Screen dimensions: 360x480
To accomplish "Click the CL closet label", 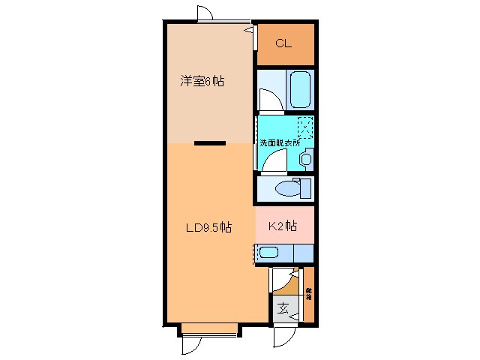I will [x=283, y=43].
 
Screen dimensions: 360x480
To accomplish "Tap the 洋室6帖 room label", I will [x=202, y=80].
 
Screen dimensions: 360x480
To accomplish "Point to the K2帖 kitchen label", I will [x=283, y=225].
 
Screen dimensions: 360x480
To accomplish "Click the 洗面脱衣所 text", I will [x=280, y=142].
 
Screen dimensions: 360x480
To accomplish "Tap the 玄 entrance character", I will [x=283, y=307].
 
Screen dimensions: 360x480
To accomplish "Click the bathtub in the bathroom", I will [x=299, y=91].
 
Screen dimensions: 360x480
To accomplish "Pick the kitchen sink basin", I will [x=269, y=253].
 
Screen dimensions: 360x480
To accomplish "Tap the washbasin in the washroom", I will [x=306, y=158].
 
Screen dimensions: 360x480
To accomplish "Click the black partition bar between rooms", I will [x=209, y=142].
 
